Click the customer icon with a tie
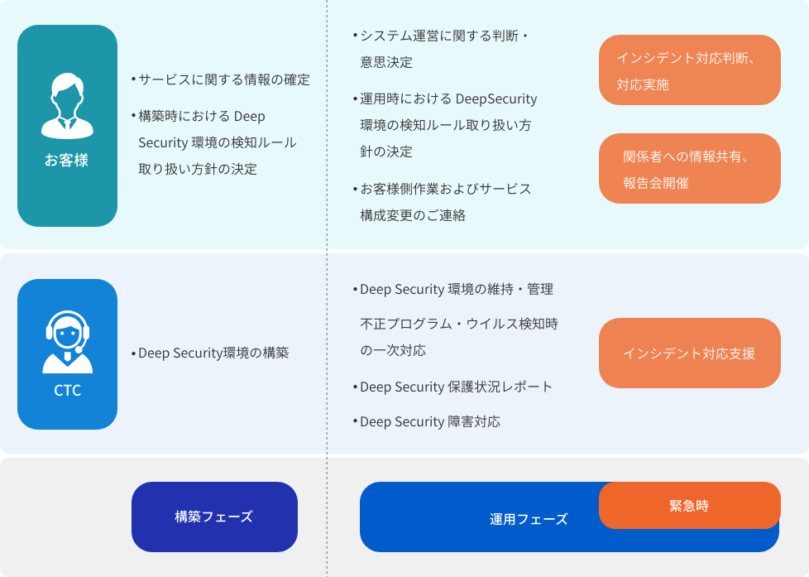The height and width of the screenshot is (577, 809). (67, 106)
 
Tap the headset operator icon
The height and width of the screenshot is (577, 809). (67, 341)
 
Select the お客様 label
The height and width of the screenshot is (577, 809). (66, 160)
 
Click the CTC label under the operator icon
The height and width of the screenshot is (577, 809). (68, 390)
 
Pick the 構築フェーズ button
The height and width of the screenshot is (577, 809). (214, 517)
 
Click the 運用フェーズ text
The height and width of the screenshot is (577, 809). (529, 519)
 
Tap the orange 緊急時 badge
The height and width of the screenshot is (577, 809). (689, 505)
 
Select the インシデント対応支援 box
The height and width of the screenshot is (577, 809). (689, 353)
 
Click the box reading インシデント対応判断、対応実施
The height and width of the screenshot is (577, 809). (689, 70)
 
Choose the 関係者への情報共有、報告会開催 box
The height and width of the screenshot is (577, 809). (689, 168)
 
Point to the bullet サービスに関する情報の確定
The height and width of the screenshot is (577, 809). (220, 79)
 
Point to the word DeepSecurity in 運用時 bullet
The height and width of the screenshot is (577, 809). (496, 99)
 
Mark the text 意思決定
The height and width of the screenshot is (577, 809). (386, 62)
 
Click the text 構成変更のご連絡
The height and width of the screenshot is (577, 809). (413, 215)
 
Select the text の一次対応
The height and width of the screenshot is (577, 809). (393, 350)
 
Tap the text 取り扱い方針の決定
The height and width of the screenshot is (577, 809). (198, 169)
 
